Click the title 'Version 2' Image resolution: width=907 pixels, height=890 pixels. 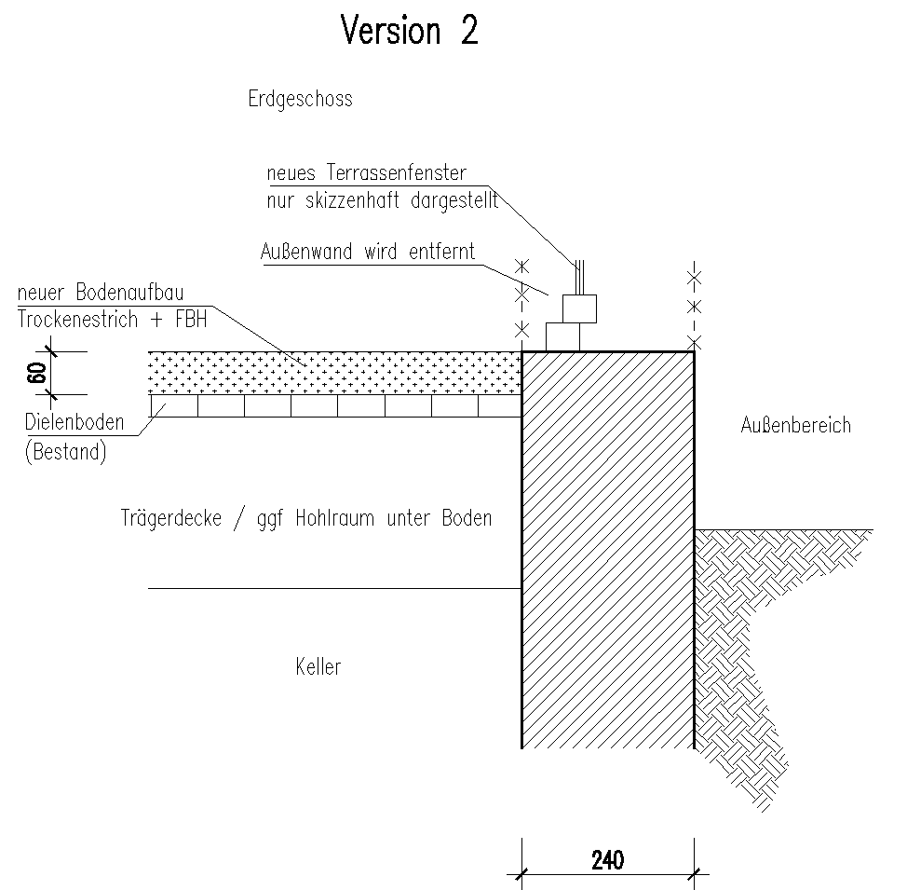pos(410,31)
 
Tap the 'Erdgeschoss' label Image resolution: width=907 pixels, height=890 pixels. pos(300,99)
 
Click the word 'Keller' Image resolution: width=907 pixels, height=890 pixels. pos(318,667)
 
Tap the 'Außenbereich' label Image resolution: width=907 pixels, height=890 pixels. pos(795,426)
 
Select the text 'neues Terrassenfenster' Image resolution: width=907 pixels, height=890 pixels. pos(366,173)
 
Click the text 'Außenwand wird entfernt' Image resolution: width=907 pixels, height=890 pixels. pos(369,252)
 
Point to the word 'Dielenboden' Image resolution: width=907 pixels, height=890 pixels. pos(74,423)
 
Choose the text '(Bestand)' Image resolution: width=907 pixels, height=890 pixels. pos(65,454)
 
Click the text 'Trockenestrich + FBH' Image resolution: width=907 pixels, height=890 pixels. pos(112,319)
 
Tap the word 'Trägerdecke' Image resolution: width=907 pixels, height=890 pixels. pos(171,518)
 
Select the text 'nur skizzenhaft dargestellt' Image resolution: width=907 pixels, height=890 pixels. pos(382,199)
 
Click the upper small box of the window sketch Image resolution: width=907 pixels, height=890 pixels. pos(579,308)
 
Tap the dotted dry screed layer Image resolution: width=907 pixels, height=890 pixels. pos(335,373)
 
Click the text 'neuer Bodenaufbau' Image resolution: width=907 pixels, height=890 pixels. pos(101,295)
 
